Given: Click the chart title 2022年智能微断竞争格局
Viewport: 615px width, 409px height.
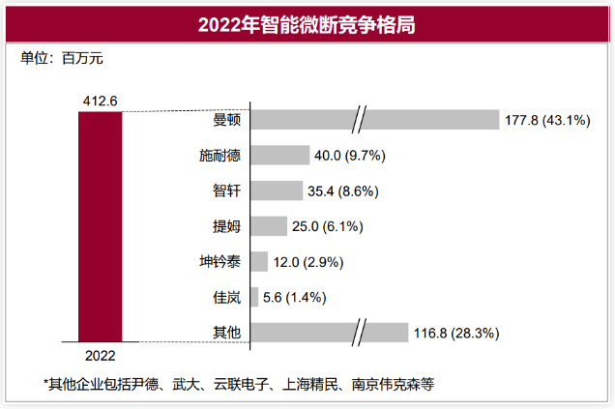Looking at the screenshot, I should pos(307,23).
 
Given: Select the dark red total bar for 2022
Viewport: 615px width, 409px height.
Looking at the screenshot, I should pos(101,226).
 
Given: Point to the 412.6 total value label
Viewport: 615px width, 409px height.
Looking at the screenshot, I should pos(101,100).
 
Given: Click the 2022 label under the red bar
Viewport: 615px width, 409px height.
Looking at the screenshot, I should pos(101,354).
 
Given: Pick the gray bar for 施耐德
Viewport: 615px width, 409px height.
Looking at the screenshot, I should pos(279,156).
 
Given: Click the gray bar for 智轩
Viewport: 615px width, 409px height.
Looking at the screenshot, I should pos(276,191).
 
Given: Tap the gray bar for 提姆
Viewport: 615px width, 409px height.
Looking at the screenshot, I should pos(268,226).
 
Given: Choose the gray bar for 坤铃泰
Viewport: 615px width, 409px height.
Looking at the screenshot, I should pos(258,262).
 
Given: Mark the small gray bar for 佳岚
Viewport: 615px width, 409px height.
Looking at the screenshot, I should pos(254,297).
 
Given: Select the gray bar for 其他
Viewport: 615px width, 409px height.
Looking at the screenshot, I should pos(329,333).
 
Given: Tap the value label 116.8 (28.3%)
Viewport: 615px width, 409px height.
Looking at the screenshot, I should pos(456,333).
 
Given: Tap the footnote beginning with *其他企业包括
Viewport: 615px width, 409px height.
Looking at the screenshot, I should pos(239,383).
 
